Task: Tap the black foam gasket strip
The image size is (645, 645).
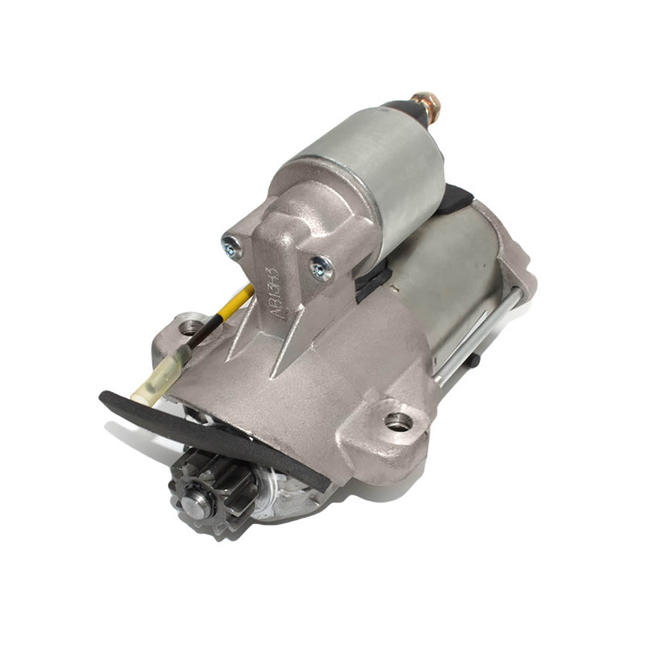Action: [215, 430]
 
